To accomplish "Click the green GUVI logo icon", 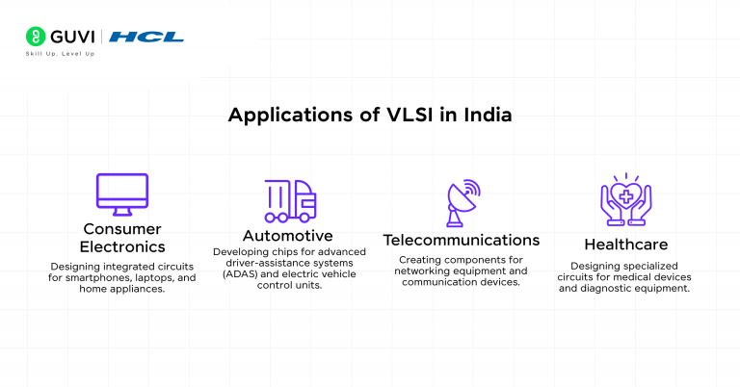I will (35, 38).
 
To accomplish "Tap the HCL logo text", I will (146, 38).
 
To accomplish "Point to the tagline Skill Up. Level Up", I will (60, 54).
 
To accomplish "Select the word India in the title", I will (485, 115).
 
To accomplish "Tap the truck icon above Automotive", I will (290, 200).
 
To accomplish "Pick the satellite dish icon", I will (462, 201).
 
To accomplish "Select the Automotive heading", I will (287, 236).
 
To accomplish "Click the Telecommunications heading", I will (462, 240).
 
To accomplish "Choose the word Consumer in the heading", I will (122, 229).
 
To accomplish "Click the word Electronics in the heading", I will (122, 246).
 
